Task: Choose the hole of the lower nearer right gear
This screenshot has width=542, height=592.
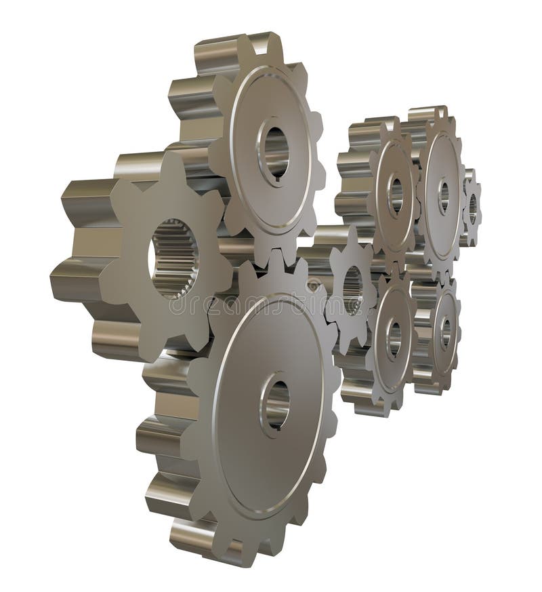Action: tap(394, 338)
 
